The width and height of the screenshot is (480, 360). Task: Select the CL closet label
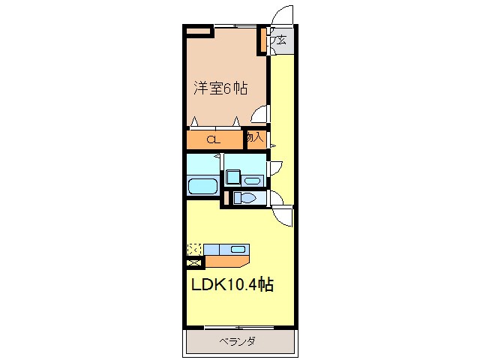coord(213,139)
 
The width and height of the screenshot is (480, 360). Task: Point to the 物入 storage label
coord(255,138)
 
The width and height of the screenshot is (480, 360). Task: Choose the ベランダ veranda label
coord(238,342)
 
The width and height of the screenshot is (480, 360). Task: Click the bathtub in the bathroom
coord(202,186)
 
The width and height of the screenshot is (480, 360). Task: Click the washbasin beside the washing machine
coord(253,180)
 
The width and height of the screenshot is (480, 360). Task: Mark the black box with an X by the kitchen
coord(194,262)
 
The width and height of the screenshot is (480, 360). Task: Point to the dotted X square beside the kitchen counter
coord(194,249)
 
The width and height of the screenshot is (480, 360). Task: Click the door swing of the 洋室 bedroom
coord(260,114)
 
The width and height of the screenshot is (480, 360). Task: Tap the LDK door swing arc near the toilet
coord(283,216)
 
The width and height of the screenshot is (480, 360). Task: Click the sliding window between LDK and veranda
coord(238,328)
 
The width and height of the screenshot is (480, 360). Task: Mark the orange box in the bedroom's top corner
coord(199,31)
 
